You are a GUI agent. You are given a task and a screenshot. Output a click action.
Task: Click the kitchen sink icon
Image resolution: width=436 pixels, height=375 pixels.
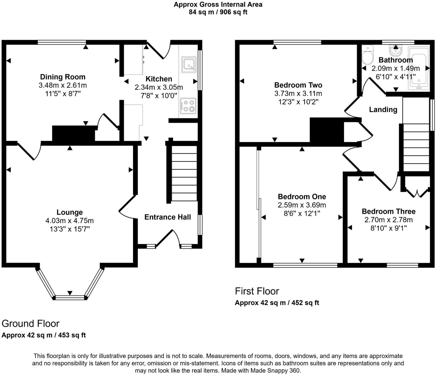(x=189, y=64)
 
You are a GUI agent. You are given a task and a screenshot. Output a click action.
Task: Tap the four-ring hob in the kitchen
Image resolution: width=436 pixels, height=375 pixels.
(x=188, y=106)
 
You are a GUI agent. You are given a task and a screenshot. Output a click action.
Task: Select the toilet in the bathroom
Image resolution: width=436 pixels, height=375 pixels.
(x=368, y=55)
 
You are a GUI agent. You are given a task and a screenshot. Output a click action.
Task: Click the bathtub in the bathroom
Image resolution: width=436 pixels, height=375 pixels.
(x=419, y=69)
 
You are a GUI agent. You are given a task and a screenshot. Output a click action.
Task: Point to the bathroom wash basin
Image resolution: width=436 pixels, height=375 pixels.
(x=396, y=50)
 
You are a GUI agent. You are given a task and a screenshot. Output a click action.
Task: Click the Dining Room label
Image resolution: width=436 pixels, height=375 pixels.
(x=63, y=77)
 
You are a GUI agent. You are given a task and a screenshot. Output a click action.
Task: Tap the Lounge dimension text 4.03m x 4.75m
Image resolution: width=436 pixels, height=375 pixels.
(x=69, y=221)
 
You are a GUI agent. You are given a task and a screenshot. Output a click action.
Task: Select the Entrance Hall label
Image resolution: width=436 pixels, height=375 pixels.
(x=168, y=217)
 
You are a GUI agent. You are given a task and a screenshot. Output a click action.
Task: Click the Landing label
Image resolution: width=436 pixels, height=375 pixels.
(x=383, y=110)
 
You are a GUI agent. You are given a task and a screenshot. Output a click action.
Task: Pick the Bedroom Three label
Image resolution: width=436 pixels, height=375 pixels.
(x=388, y=211)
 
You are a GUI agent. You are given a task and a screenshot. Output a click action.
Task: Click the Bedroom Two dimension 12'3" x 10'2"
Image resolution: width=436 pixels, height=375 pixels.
(x=298, y=102)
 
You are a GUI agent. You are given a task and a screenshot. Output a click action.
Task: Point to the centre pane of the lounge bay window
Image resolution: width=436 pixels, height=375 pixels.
(x=70, y=297)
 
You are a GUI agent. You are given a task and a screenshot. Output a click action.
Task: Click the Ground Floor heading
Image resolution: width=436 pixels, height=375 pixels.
(x=30, y=324)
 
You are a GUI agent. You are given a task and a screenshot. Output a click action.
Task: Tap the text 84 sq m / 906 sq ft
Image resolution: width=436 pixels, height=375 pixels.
(x=218, y=12)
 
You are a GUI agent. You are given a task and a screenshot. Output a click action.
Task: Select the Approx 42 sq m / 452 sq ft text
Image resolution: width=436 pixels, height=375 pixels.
(x=277, y=303)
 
